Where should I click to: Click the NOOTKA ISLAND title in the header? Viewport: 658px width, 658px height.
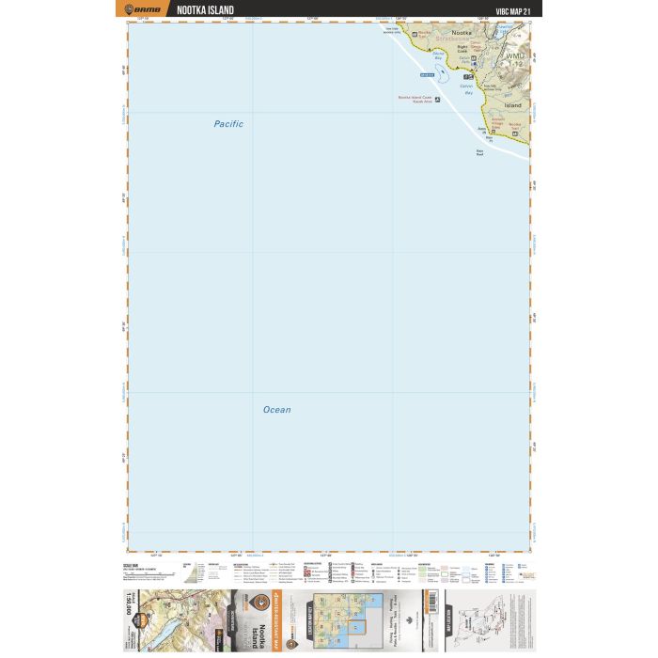tap(206, 10)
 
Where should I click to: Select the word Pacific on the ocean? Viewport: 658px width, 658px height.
tap(227, 124)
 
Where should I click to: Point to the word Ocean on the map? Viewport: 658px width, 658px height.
tap(276, 410)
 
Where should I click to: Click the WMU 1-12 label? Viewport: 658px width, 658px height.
tap(517, 60)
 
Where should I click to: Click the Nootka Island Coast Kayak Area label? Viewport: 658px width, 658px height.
tap(415, 99)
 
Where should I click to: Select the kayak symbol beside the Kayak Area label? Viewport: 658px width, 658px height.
tap(437, 99)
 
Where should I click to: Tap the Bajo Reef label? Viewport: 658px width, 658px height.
tap(479, 152)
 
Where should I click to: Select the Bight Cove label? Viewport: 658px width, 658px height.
tap(462, 48)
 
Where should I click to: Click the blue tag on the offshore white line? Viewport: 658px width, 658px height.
tap(428, 74)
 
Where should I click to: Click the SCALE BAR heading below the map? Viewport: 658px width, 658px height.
tap(132, 565)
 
